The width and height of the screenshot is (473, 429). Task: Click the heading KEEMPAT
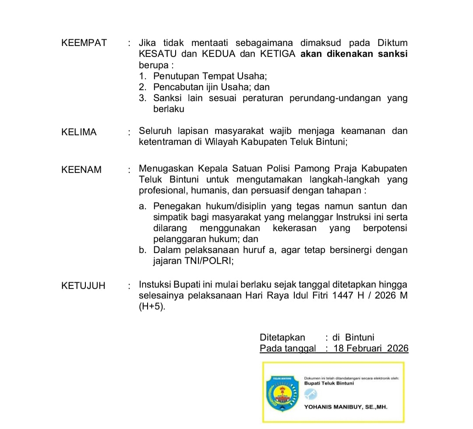84,43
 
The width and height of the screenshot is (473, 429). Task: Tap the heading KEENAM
81,170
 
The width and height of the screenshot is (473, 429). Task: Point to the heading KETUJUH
84,286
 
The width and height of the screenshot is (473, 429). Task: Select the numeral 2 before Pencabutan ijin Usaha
142,87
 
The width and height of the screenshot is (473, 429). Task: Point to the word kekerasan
296,228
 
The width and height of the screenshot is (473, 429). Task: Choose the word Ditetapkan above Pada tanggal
282,338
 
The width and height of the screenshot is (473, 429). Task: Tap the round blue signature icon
310,394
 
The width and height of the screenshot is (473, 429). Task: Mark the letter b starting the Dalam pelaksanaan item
142,250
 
